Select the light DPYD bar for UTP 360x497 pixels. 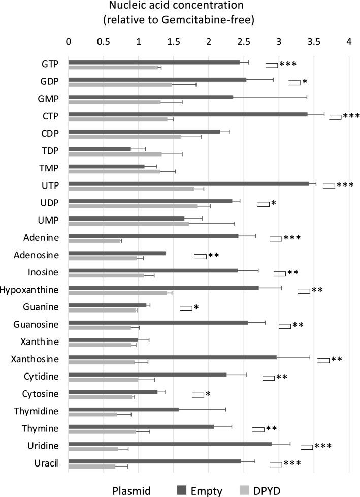(132, 189)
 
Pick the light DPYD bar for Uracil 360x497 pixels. (92, 467)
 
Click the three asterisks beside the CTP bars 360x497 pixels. (351, 116)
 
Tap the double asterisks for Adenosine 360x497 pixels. (213, 255)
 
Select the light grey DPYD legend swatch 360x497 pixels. (245, 490)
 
